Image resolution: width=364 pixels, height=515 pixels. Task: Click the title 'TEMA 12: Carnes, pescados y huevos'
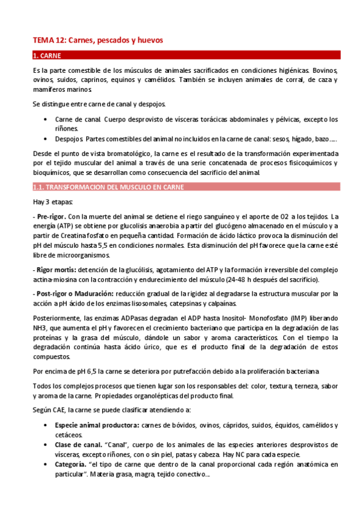tap(98, 40)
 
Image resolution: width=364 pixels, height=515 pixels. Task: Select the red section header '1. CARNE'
tap(52, 56)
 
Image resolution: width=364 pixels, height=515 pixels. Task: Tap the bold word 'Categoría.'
tap(70, 465)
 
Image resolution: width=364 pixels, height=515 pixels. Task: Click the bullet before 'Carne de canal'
tap(47, 119)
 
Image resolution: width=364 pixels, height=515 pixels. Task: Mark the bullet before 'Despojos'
tap(47, 139)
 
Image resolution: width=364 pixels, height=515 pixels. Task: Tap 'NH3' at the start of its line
tap(39, 329)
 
